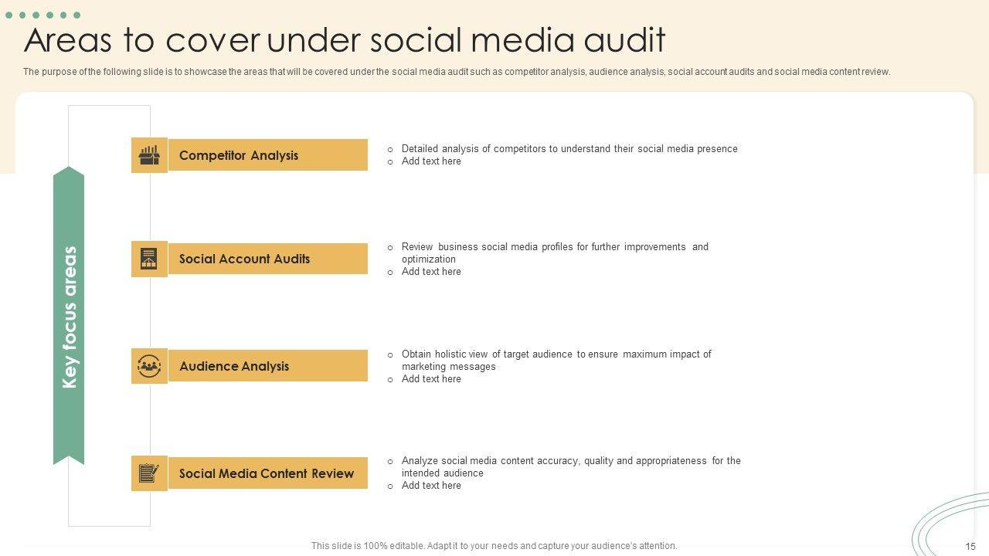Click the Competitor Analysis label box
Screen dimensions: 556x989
267,155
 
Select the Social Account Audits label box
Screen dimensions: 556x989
267,259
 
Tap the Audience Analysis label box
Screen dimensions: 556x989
267,366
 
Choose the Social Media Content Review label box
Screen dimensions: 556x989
267,473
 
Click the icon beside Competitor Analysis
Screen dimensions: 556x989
149,155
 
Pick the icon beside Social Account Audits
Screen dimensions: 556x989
149,259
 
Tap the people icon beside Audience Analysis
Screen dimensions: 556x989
149,366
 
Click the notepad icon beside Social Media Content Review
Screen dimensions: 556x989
149,473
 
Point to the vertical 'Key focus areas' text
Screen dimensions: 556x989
70,317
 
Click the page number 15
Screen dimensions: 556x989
970,546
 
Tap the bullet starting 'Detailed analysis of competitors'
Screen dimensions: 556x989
569,149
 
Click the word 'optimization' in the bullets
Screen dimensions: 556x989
428,259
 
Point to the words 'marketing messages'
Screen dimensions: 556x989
448,367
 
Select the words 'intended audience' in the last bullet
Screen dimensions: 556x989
442,473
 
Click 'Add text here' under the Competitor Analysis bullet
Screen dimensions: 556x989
431,161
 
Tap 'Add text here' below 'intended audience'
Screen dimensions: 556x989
431,486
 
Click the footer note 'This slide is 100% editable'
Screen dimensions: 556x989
494,546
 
